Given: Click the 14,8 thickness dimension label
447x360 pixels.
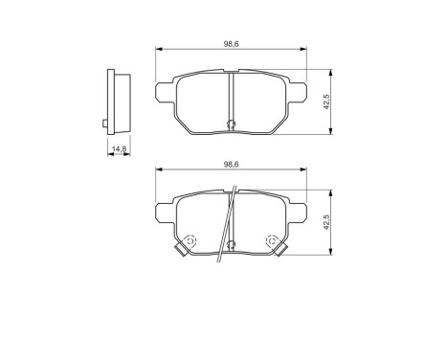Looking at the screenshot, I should (x=119, y=149).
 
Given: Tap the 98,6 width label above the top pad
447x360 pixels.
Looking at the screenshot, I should (x=230, y=44).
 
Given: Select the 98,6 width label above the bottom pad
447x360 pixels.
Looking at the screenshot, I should (x=230, y=165).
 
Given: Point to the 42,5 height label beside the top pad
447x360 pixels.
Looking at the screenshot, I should (x=326, y=102).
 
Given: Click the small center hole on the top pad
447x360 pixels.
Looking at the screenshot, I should (x=230, y=123).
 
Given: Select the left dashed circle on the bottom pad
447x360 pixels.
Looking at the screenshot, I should (x=190, y=241).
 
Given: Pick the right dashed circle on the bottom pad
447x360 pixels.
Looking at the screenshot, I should (x=272, y=241).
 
